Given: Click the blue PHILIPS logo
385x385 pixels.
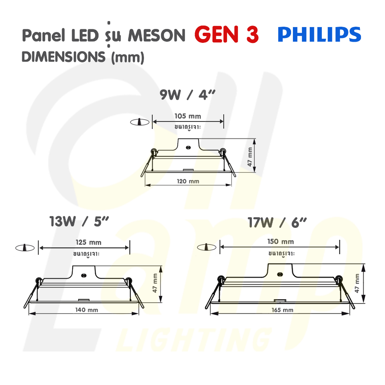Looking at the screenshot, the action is click(319, 34).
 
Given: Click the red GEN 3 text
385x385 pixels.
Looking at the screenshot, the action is click(226, 34).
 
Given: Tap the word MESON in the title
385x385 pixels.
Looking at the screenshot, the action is click(157, 36).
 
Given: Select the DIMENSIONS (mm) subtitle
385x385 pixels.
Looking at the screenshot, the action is click(83, 57).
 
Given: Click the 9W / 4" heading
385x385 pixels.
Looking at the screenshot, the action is click(188, 95).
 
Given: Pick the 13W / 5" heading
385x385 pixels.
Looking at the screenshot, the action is click(79, 221).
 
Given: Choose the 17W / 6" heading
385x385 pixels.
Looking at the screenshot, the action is click(277, 223).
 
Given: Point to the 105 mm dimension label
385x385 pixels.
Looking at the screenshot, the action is click(188, 116).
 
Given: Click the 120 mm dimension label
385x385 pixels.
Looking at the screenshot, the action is click(188, 181).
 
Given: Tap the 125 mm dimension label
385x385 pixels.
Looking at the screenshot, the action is click(88, 243).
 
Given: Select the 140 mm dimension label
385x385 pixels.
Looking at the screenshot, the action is click(87, 310).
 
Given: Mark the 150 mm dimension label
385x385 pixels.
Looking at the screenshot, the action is click(280, 242).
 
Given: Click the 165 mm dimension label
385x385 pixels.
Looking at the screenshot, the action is click(282, 310).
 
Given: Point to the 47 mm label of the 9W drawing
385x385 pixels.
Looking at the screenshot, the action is click(250, 157).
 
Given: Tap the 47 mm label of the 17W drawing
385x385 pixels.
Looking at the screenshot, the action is click(357, 283).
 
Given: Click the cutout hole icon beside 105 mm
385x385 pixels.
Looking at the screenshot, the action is click(140, 122).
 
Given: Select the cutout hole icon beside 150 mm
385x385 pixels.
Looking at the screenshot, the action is click(207, 247).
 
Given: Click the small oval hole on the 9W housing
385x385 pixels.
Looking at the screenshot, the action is click(188, 147).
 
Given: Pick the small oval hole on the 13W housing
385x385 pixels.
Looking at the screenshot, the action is click(84, 275).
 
